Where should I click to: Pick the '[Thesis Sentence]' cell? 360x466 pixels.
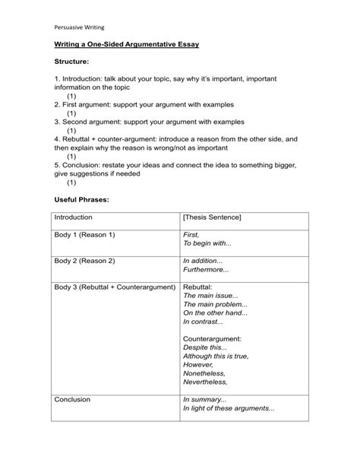click(x=212, y=217)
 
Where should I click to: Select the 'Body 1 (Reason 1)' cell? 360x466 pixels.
click(x=84, y=236)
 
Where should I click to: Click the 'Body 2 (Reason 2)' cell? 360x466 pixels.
click(x=84, y=261)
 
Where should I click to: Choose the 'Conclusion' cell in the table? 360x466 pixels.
click(x=72, y=399)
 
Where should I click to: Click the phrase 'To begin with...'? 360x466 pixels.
click(x=207, y=245)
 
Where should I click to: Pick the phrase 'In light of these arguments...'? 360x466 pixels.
click(x=229, y=408)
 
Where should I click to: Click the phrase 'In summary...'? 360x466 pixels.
click(x=204, y=399)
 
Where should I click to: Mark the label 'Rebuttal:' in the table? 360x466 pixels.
click(x=198, y=287)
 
